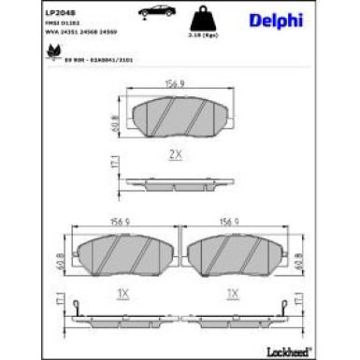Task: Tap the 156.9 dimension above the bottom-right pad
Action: (x=231, y=223)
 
